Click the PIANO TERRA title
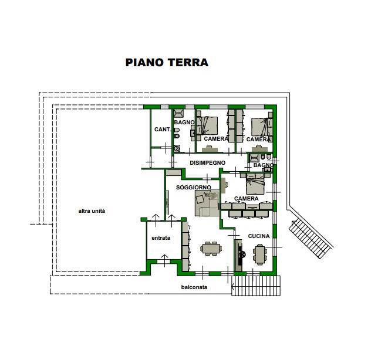pos(167,63)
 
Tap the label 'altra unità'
pos(92,211)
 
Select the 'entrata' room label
pos(161,238)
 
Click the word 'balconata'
pos(194,287)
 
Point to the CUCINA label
pos(259,236)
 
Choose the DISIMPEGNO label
pos(208,163)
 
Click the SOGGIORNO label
pos(194,188)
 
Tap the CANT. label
pos(163,130)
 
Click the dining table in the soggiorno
pos(211,249)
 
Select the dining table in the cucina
pos(260,254)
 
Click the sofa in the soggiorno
pos(207,203)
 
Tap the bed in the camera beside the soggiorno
pos(255,186)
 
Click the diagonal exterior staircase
pos(311,239)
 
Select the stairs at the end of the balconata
pos(256,286)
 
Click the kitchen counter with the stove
pos(239,255)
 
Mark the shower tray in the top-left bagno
pos(178,113)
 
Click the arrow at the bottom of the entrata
pos(164,260)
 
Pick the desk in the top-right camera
pos(260,149)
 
